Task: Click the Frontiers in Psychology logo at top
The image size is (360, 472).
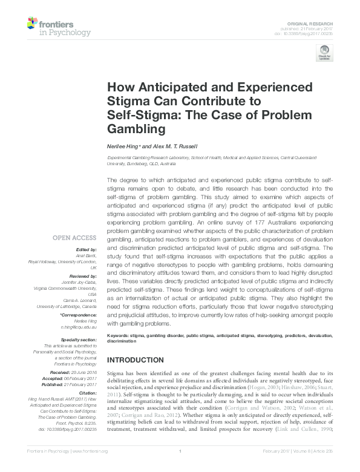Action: coord(59,27)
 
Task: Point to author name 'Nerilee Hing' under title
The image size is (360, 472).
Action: coord(122,146)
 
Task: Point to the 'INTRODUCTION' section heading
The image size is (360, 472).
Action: coord(136,360)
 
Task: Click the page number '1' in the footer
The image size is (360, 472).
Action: coord(180,468)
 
